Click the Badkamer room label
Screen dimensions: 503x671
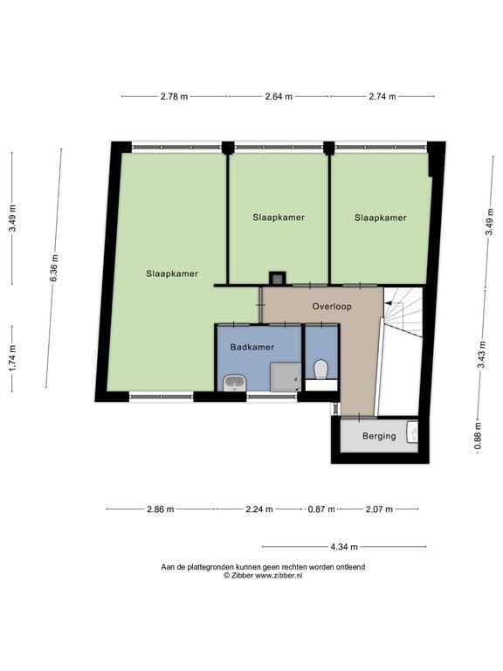[251, 347]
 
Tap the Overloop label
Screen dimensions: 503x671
[332, 307]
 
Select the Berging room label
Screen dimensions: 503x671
[379, 436]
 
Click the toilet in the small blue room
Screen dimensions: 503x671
[320, 370]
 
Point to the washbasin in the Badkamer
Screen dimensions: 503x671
[234, 383]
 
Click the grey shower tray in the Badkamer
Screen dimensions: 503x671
[286, 377]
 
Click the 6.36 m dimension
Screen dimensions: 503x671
[54, 268]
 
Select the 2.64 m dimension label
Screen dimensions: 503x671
[279, 97]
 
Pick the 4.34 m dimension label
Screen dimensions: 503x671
[344, 547]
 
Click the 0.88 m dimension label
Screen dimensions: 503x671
[479, 436]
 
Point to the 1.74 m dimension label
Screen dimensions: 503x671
[12, 358]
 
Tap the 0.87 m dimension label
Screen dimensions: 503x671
[321, 509]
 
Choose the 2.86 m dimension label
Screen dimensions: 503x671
[161, 509]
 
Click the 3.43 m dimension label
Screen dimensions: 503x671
[482, 355]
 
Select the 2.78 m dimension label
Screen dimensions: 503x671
[174, 97]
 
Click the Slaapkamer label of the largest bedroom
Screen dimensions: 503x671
[172, 273]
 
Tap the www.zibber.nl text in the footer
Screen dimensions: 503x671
[279, 576]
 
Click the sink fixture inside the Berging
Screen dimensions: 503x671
[412, 432]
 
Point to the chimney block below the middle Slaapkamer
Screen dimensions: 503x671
[278, 278]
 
